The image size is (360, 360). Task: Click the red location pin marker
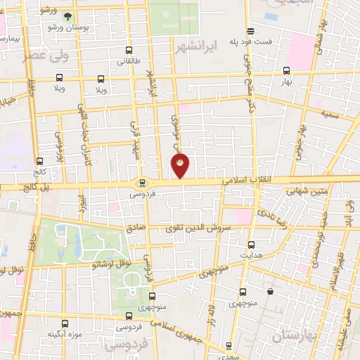click(181, 166)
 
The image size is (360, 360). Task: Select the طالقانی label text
click(128, 62)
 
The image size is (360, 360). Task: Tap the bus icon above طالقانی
click(128, 51)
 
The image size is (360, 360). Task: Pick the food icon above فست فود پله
click(251, 30)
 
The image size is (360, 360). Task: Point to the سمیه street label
click(331, 113)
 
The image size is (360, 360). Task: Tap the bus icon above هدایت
click(252, 243)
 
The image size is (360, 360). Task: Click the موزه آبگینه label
click(61, 333)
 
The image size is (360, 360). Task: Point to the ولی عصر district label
click(46, 57)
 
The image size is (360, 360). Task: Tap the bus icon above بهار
click(286, 70)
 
